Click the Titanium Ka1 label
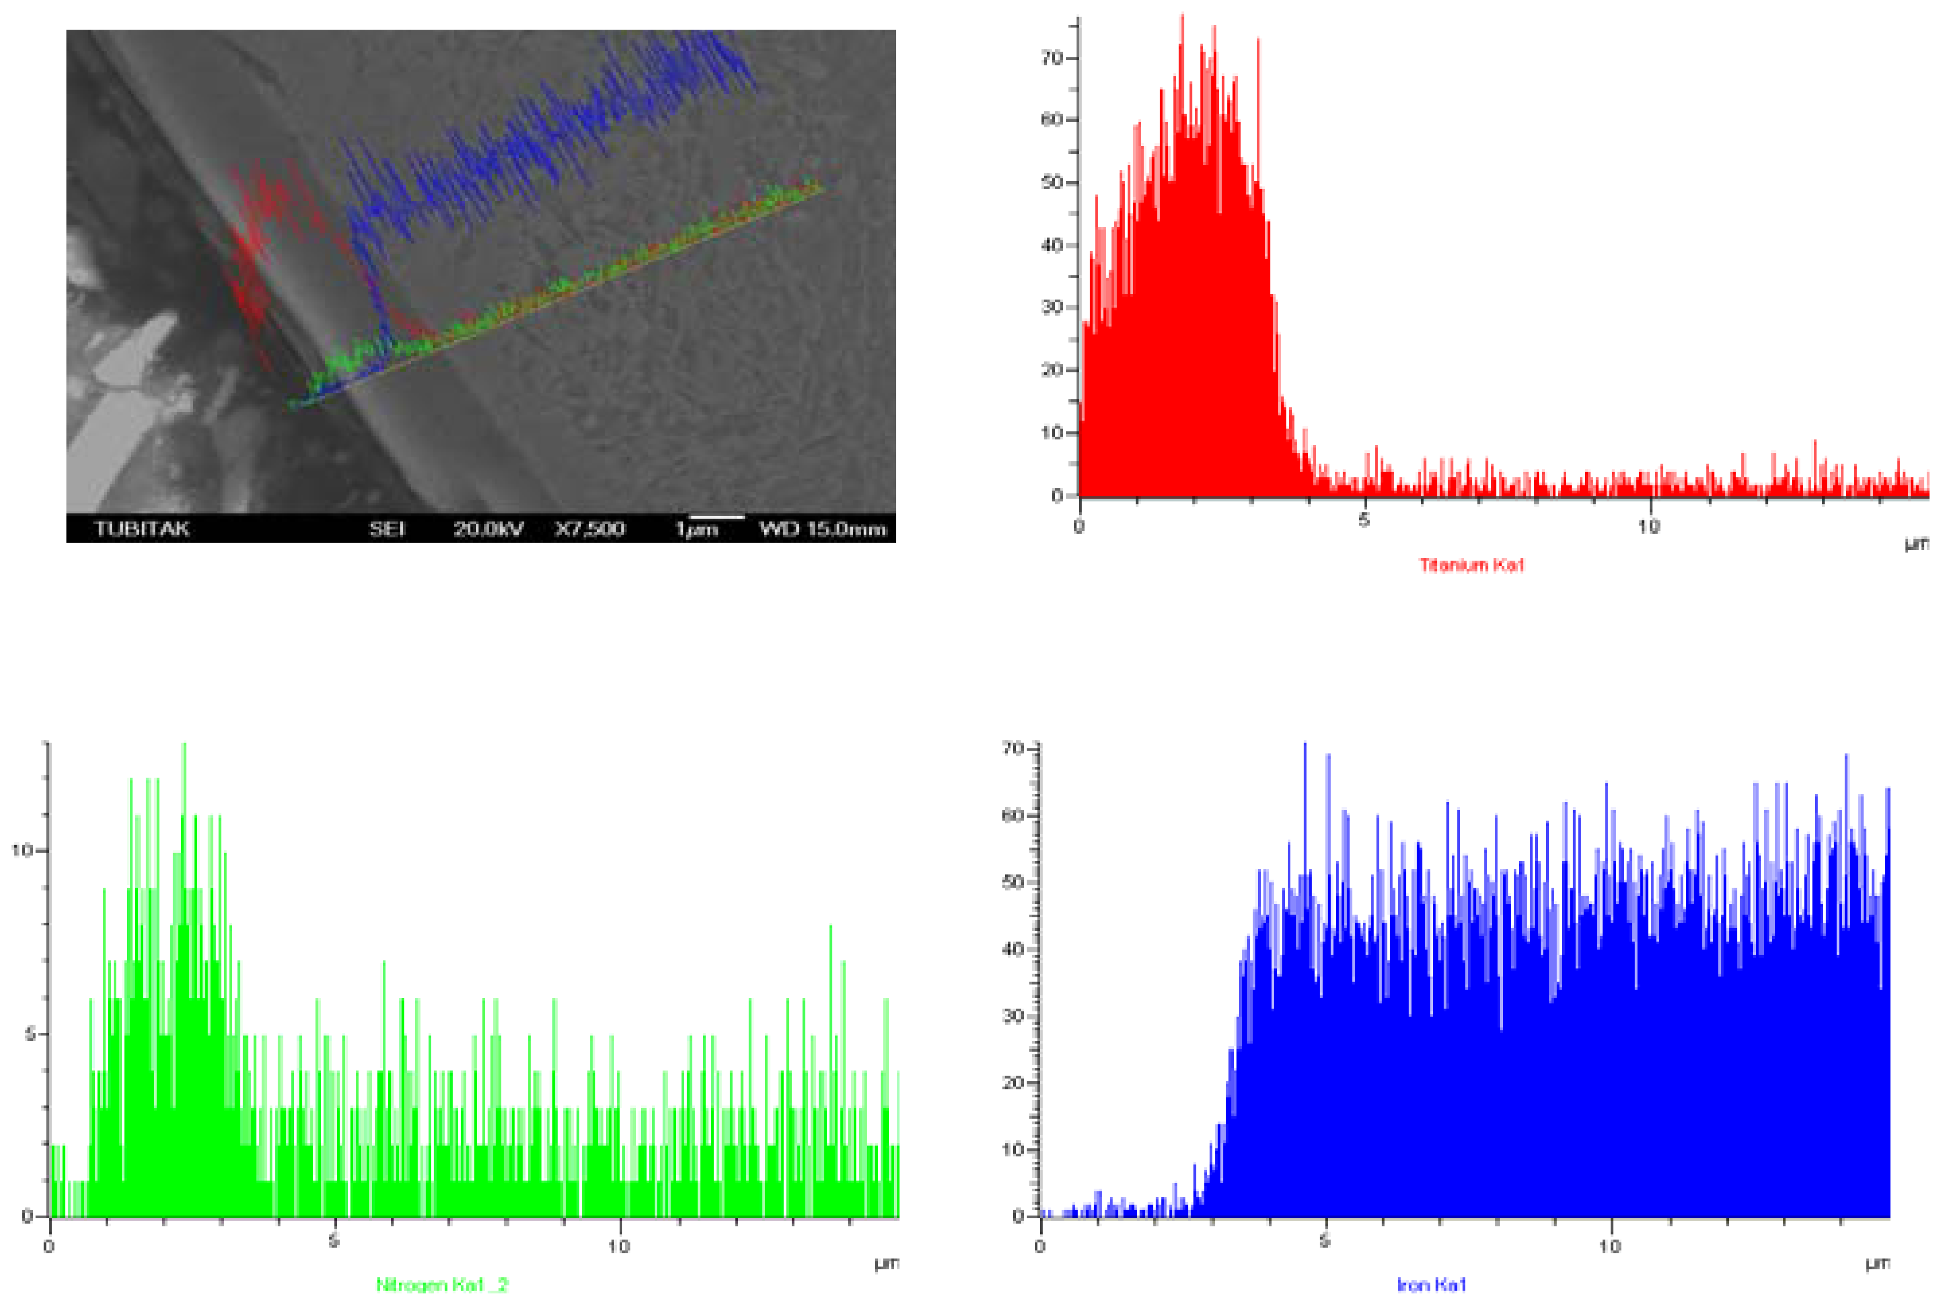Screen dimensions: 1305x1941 1471,565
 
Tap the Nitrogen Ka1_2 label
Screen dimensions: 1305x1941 442,1285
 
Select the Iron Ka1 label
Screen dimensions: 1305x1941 1431,1286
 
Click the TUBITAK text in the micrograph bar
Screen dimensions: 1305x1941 142,528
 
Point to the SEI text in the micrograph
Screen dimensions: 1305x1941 387,528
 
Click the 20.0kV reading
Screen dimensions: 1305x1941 488,528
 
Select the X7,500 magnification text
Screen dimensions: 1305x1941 589,528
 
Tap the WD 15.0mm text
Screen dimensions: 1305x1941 822,528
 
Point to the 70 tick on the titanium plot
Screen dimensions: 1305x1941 1052,58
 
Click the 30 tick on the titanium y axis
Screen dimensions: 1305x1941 1052,307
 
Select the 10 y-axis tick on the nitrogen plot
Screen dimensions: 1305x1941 22,850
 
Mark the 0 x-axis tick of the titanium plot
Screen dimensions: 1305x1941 1080,526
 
